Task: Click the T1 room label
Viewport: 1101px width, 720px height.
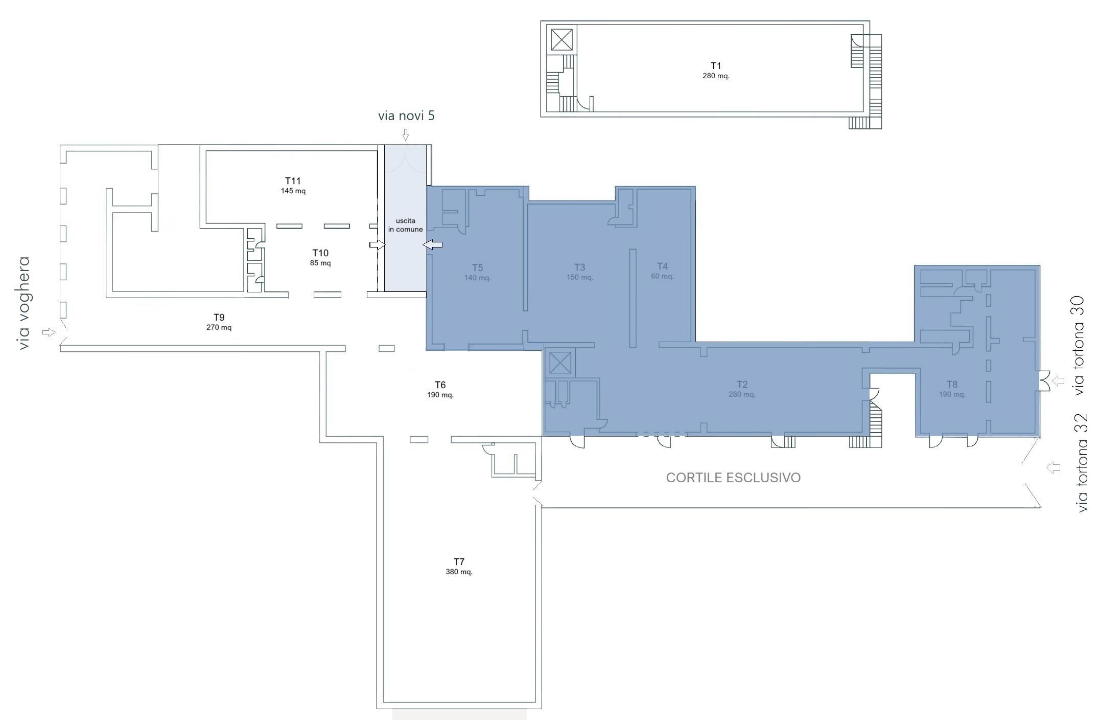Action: (715, 65)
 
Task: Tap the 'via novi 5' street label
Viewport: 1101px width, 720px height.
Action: (406, 116)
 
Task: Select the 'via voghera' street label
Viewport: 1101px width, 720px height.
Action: (24, 303)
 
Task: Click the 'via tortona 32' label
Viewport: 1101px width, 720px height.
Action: (1082, 463)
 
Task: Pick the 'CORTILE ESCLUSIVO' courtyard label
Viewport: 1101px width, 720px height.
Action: (733, 478)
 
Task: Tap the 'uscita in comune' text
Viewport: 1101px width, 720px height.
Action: (406, 225)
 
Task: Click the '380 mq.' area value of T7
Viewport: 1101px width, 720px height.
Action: (459, 572)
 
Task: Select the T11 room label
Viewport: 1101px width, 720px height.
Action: (293, 181)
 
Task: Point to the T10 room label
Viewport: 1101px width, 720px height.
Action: (320, 253)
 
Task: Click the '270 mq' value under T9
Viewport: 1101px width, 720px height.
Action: (219, 327)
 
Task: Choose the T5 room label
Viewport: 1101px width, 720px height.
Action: (477, 267)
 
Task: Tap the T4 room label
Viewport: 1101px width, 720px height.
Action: (662, 266)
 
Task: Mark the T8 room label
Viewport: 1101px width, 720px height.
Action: (952, 384)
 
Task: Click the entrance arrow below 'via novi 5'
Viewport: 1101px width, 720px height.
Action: (406, 135)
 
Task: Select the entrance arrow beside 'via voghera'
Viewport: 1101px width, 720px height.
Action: (49, 332)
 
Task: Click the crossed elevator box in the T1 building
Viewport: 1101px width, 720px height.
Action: (561, 39)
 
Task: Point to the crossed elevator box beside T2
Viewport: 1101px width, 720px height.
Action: (560, 364)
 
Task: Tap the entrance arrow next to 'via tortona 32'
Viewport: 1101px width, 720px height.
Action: (1053, 467)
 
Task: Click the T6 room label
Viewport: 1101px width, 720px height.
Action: (440, 385)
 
